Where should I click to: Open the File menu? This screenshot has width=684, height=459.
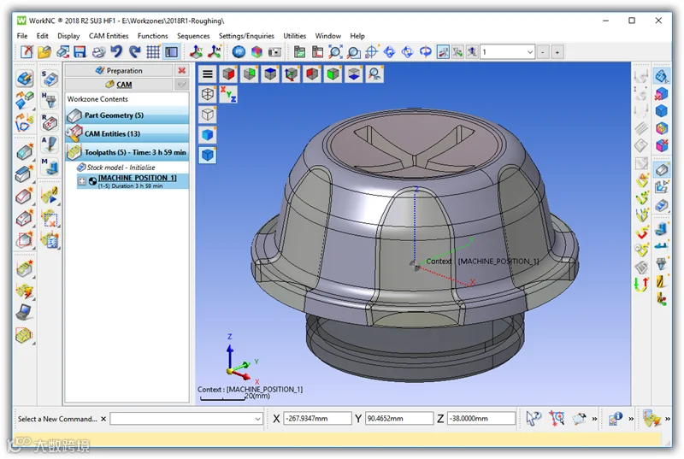pos(22,36)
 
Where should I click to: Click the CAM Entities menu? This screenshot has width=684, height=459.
pos(109,36)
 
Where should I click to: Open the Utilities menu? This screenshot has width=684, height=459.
pos(294,36)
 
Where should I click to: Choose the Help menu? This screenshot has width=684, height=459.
pos(357,36)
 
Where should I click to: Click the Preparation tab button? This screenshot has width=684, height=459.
pos(119,70)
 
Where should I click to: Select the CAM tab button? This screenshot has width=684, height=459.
pos(119,84)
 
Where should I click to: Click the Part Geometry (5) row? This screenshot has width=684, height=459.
pos(127,115)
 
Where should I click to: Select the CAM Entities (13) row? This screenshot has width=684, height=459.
pos(127,134)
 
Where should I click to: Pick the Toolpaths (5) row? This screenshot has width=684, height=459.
pos(127,152)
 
